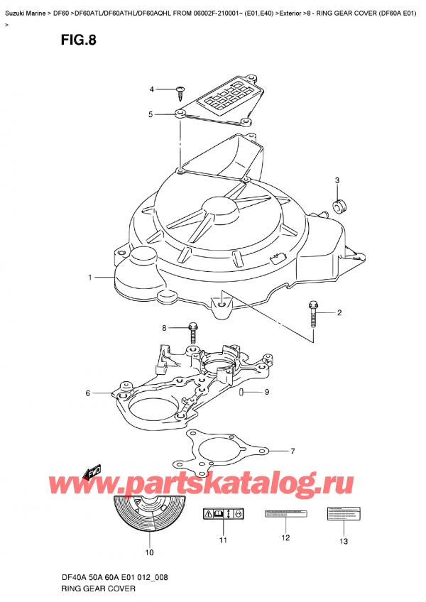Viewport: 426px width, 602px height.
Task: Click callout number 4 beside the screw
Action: (x=151, y=89)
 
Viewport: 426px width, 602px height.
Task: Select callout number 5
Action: (x=151, y=114)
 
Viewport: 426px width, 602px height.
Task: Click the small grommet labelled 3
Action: (x=339, y=205)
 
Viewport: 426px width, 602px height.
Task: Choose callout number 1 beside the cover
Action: (x=90, y=278)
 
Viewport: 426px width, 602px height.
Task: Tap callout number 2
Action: (x=339, y=313)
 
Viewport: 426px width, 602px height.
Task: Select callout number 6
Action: (x=88, y=393)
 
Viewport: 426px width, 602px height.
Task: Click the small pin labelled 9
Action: (x=242, y=392)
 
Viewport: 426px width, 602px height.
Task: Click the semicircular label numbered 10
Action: (x=149, y=518)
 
